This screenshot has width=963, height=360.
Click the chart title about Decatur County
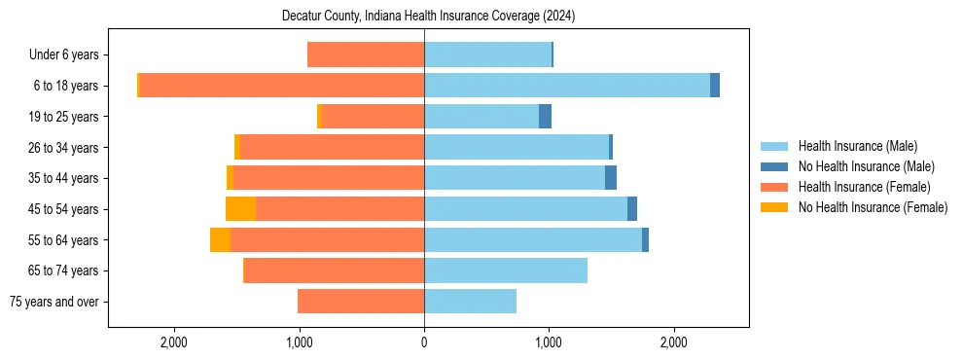(x=428, y=17)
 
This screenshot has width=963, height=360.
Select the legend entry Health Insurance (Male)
(x=857, y=146)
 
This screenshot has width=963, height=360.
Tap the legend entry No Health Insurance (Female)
(x=873, y=207)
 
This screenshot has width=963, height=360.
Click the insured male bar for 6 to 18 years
(x=567, y=86)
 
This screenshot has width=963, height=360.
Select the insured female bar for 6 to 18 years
(x=282, y=86)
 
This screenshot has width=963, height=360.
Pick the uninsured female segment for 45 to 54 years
(x=240, y=209)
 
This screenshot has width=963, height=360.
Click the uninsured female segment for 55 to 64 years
(x=220, y=240)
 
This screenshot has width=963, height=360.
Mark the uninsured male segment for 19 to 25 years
(x=545, y=117)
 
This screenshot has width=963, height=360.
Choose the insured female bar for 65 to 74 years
(x=334, y=270)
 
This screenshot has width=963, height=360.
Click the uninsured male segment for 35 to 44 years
(x=611, y=178)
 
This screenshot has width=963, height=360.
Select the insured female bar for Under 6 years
(x=366, y=55)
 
